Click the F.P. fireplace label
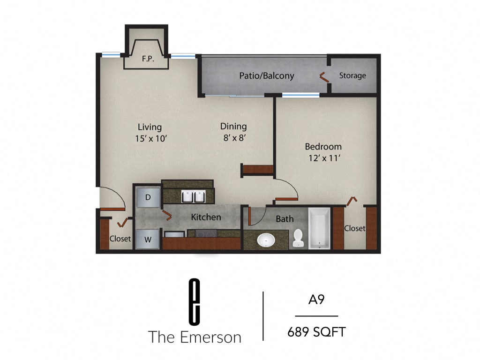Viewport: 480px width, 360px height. tap(148, 60)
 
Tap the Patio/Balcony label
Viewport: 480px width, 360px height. tap(266, 75)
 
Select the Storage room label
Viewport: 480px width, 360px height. tap(352, 75)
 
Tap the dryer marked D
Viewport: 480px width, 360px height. tap(148, 197)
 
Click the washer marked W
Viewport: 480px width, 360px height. tap(148, 240)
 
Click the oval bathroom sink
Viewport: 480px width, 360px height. tap(266, 240)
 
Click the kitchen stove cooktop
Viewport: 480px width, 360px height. tap(202, 233)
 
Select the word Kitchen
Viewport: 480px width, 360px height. tap(206, 217)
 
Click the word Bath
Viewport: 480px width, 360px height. tap(285, 219)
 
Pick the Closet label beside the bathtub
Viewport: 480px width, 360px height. tap(354, 228)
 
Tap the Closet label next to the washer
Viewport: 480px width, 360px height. tap(120, 239)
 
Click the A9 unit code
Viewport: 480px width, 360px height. tap(316, 300)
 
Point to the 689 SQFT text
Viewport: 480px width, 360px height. tap(316, 332)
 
